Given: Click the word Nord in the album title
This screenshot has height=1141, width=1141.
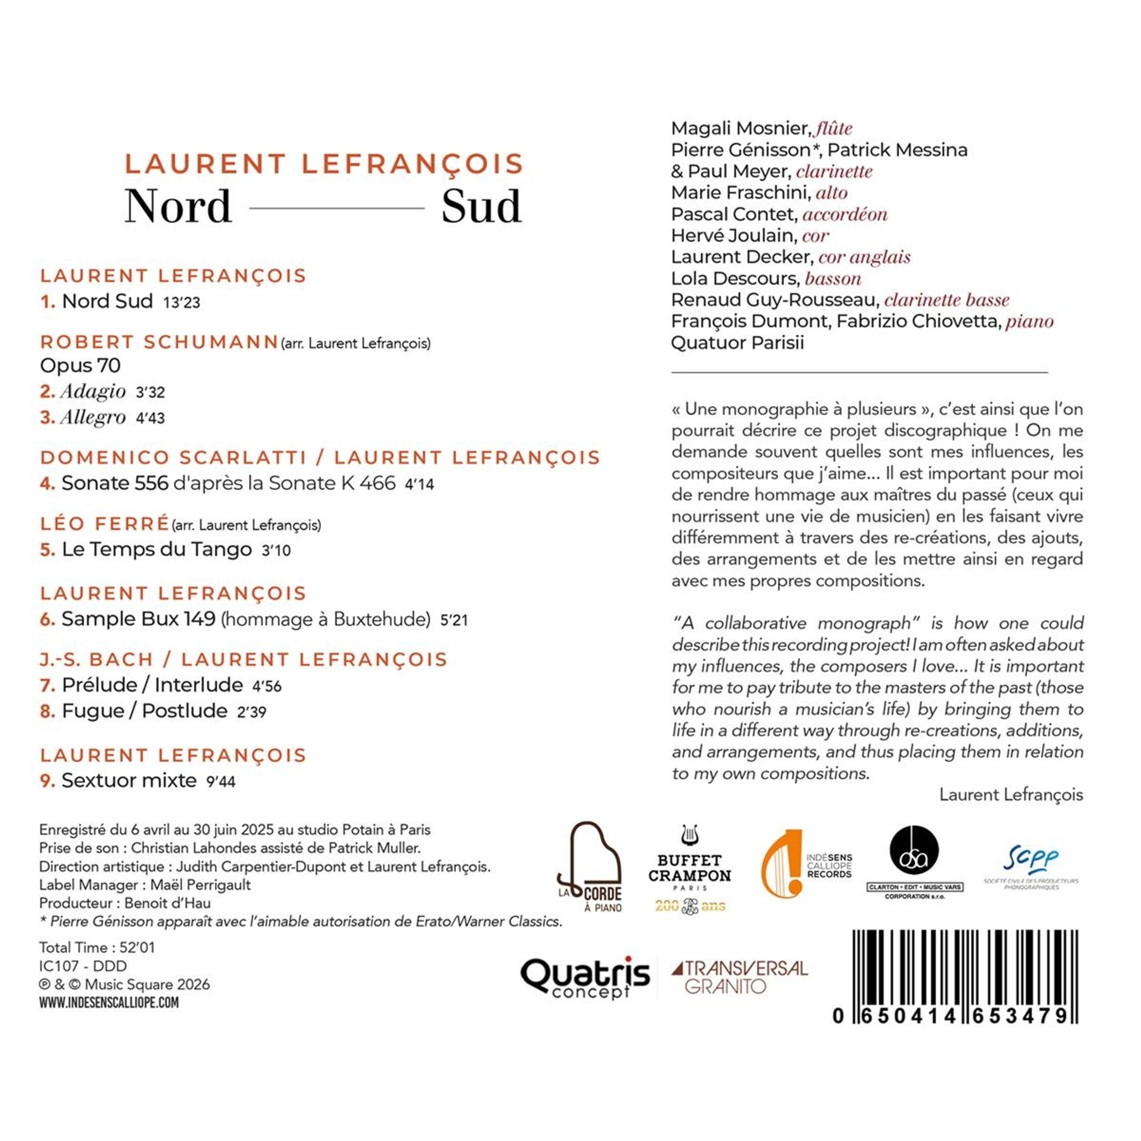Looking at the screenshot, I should tap(178, 207).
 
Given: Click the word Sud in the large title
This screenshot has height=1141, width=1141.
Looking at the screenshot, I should tap(481, 207).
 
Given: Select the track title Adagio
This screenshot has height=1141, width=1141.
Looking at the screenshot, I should tap(93, 391).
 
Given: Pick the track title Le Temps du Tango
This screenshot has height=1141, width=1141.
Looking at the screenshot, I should tap(156, 549).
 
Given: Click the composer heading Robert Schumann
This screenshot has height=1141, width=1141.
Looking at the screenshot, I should tap(159, 342).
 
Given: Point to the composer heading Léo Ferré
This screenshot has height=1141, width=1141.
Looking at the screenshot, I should tap(105, 524).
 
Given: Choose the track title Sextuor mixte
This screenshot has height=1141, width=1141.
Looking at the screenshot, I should tap(129, 780).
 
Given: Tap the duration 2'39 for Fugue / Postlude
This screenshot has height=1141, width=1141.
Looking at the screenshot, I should tap(251, 712).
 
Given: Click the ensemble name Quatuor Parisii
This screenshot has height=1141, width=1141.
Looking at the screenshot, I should tap(737, 342).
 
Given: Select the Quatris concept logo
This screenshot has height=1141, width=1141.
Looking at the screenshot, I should tap(585, 977).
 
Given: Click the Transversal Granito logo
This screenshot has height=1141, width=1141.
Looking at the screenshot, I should tap(739, 977).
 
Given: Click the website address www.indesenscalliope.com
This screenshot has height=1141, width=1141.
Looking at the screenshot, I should tap(109, 1002).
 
